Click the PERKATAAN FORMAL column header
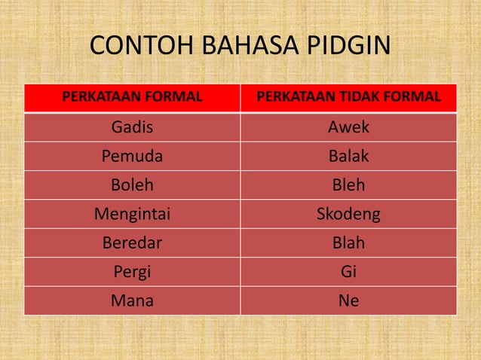click(132, 97)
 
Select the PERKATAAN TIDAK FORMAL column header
click(348, 97)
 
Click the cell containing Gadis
click(132, 127)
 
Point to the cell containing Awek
click(348, 127)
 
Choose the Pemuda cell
click(132, 157)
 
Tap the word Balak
click(348, 157)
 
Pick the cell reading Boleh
click(132, 185)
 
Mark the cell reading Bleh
click(348, 185)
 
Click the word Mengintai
click(132, 215)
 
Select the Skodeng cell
click(348, 215)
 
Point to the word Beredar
click(132, 243)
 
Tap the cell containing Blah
click(348, 243)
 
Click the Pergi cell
click(132, 272)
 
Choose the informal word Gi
click(348, 272)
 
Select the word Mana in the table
click(132, 301)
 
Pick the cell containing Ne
click(348, 301)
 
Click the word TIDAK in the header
click(360, 97)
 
